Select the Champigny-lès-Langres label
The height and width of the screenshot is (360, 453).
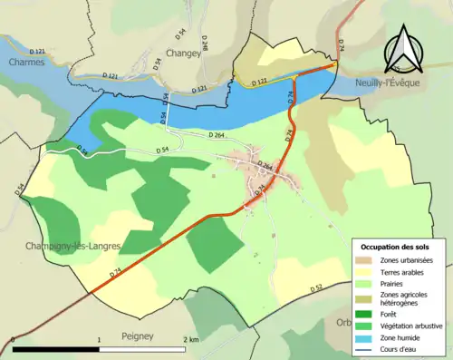click(x=60, y=246)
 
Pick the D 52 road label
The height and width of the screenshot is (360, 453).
click(x=316, y=287)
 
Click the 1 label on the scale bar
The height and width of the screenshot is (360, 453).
click(x=99, y=339)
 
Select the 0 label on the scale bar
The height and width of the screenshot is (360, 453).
click(x=13, y=339)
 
